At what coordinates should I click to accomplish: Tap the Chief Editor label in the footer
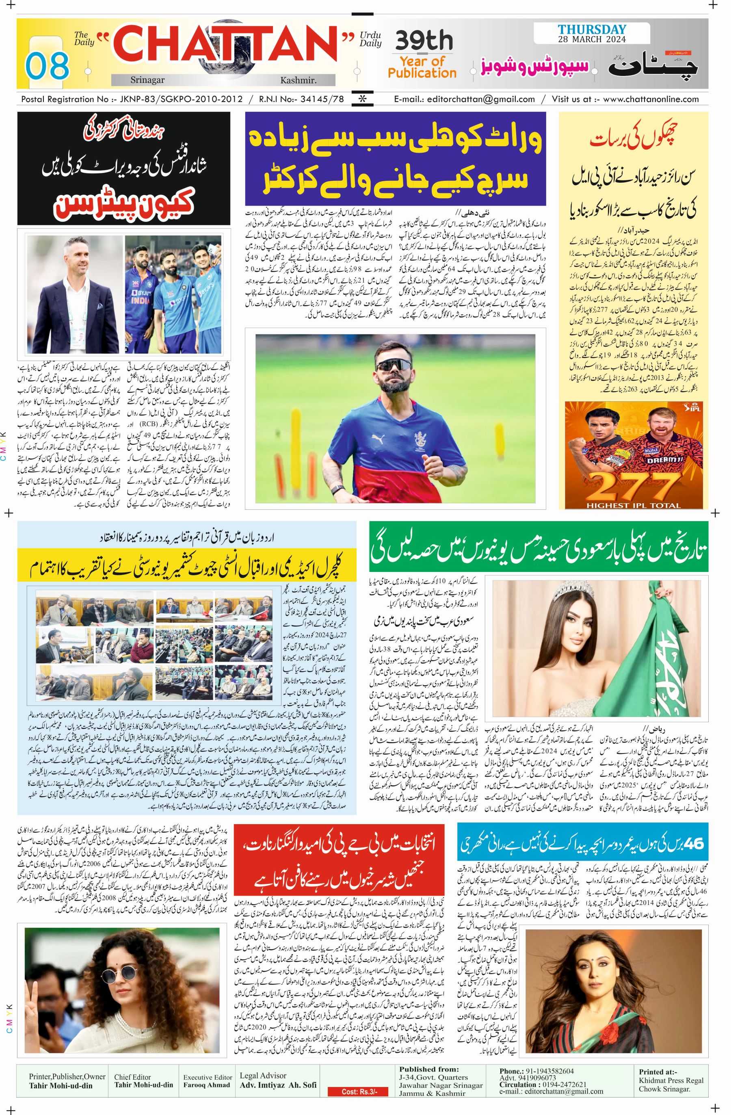[132, 1073]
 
